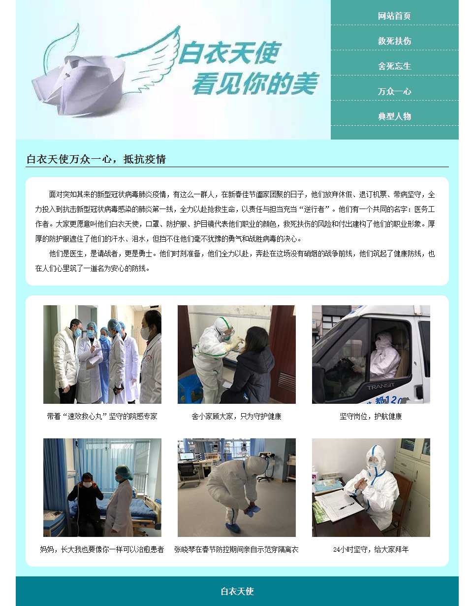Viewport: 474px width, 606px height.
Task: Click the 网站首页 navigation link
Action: pos(394,16)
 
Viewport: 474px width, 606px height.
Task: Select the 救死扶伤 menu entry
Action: pos(394,41)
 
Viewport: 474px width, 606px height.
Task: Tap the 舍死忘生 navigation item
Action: pos(394,66)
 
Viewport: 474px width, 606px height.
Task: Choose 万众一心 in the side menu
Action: pos(394,91)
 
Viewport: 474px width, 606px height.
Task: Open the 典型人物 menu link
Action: pos(394,116)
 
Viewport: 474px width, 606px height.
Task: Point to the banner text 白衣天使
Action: pos(229,53)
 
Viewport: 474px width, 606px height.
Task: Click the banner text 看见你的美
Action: pos(255,83)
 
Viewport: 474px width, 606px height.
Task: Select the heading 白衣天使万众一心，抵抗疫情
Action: pos(96,159)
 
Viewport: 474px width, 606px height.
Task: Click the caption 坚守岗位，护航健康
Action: pos(371,416)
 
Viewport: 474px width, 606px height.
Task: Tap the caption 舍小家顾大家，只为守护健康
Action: pos(236,416)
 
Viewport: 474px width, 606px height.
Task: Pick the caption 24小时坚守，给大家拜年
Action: pos(371,549)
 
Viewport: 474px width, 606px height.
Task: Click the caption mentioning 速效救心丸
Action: pos(102,416)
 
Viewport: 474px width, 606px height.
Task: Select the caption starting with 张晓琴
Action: pos(236,549)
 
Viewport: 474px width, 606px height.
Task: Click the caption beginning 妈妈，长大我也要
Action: pos(102,549)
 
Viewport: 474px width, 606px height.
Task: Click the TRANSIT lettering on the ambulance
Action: pos(380,387)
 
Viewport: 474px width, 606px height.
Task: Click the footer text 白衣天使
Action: pos(237,591)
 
